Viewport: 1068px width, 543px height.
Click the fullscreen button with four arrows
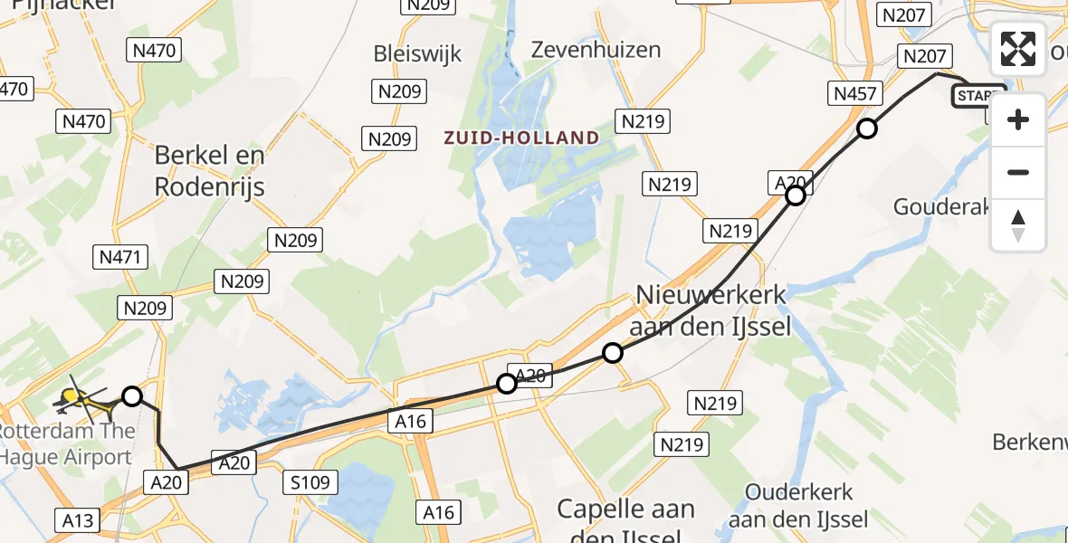1018,49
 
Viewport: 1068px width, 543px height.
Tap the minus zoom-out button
1018,172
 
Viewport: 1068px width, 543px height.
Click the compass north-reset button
1018,225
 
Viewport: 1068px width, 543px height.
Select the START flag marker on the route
977,96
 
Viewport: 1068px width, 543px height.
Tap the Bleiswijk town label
417,53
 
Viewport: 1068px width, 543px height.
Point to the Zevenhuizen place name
596,49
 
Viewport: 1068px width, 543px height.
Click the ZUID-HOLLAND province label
520,138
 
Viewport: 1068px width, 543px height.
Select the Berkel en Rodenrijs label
209,170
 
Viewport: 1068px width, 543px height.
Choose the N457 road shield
853,93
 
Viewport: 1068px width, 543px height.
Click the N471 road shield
120,257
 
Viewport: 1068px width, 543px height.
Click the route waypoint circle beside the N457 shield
867,129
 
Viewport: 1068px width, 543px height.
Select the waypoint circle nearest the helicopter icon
132,395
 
